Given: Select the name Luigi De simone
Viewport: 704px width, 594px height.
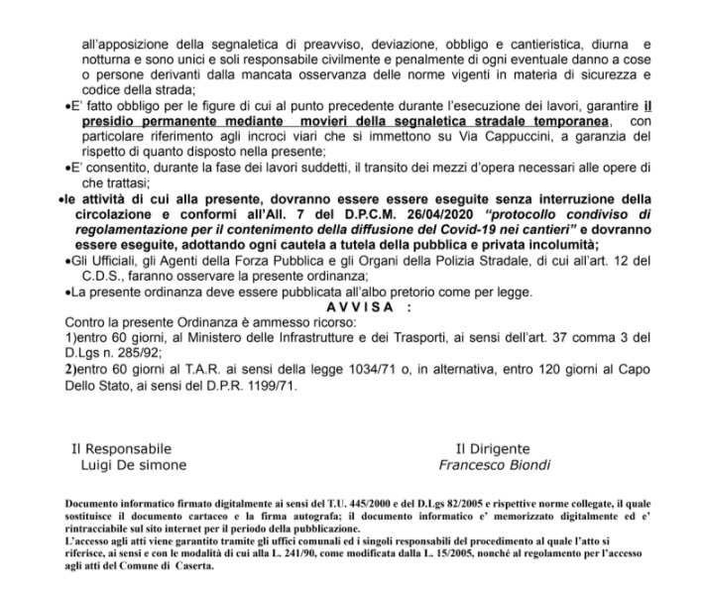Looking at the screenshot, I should pos(132,464).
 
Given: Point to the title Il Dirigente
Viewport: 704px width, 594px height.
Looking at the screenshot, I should pos(493,449).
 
